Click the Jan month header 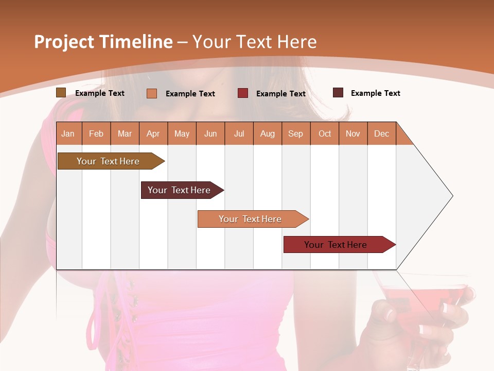[68, 133]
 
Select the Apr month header [153, 133]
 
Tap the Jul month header [239, 133]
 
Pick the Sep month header [295, 133]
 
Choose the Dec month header [381, 133]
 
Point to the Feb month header [96, 133]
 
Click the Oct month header [325, 133]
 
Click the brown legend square [61, 93]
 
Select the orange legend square [152, 93]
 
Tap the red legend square [243, 93]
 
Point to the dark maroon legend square [338, 93]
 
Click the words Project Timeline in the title [103, 42]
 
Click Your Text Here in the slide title [255, 42]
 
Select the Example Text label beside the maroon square [375, 93]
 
